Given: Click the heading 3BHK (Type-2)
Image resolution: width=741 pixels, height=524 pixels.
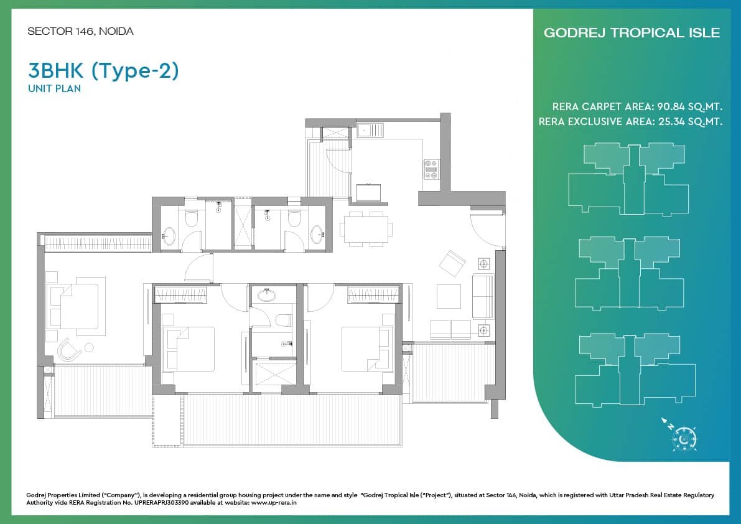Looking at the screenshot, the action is point(103,71).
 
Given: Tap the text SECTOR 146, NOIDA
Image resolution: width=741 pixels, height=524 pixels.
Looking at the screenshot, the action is point(80,31).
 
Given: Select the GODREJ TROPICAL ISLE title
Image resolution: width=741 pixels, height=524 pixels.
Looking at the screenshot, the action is point(632,32).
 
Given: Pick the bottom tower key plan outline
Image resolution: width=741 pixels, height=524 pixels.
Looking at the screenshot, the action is point(635,370).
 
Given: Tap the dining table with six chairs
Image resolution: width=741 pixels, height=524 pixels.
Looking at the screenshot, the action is point(366,229).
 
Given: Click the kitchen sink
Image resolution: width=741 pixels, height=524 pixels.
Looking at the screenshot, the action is point(370,131).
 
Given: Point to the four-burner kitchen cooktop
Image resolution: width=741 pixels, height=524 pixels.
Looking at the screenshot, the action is point(431,169).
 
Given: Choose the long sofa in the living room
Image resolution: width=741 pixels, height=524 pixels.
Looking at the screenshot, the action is point(483,296).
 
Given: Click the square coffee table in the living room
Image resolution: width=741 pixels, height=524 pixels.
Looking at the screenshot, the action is point(449,296).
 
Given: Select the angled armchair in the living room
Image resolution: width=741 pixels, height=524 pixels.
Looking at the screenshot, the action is point(452,263).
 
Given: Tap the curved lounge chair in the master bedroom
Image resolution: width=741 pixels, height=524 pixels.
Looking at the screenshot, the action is point(69,350).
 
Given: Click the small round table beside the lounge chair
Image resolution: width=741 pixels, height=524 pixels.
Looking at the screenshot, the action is point(88,348).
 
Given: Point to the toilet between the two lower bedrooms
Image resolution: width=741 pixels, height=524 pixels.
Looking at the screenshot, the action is point(283,320).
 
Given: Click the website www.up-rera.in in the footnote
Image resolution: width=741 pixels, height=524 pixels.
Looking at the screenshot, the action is point(274,503).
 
